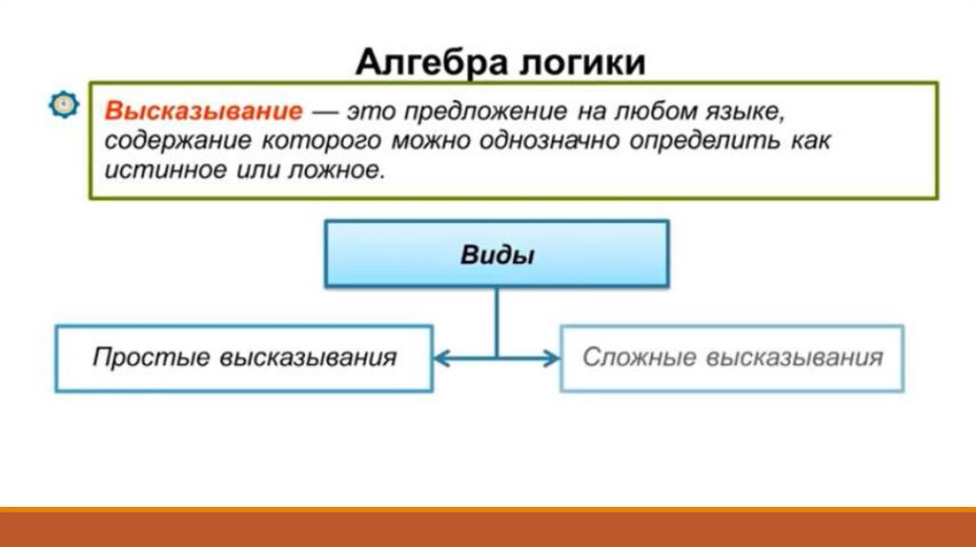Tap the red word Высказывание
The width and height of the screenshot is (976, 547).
(x=203, y=111)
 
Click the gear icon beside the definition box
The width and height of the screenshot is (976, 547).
(x=63, y=105)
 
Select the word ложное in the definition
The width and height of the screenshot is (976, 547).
(x=340, y=172)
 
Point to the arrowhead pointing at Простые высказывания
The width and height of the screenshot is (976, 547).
(x=441, y=358)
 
